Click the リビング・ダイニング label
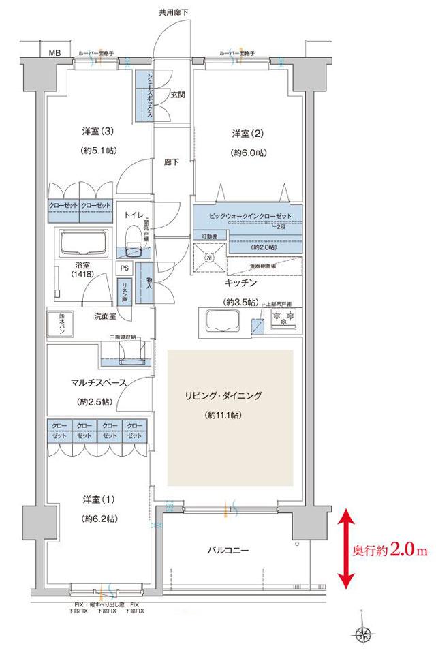click(231, 395)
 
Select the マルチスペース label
click(86, 383)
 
